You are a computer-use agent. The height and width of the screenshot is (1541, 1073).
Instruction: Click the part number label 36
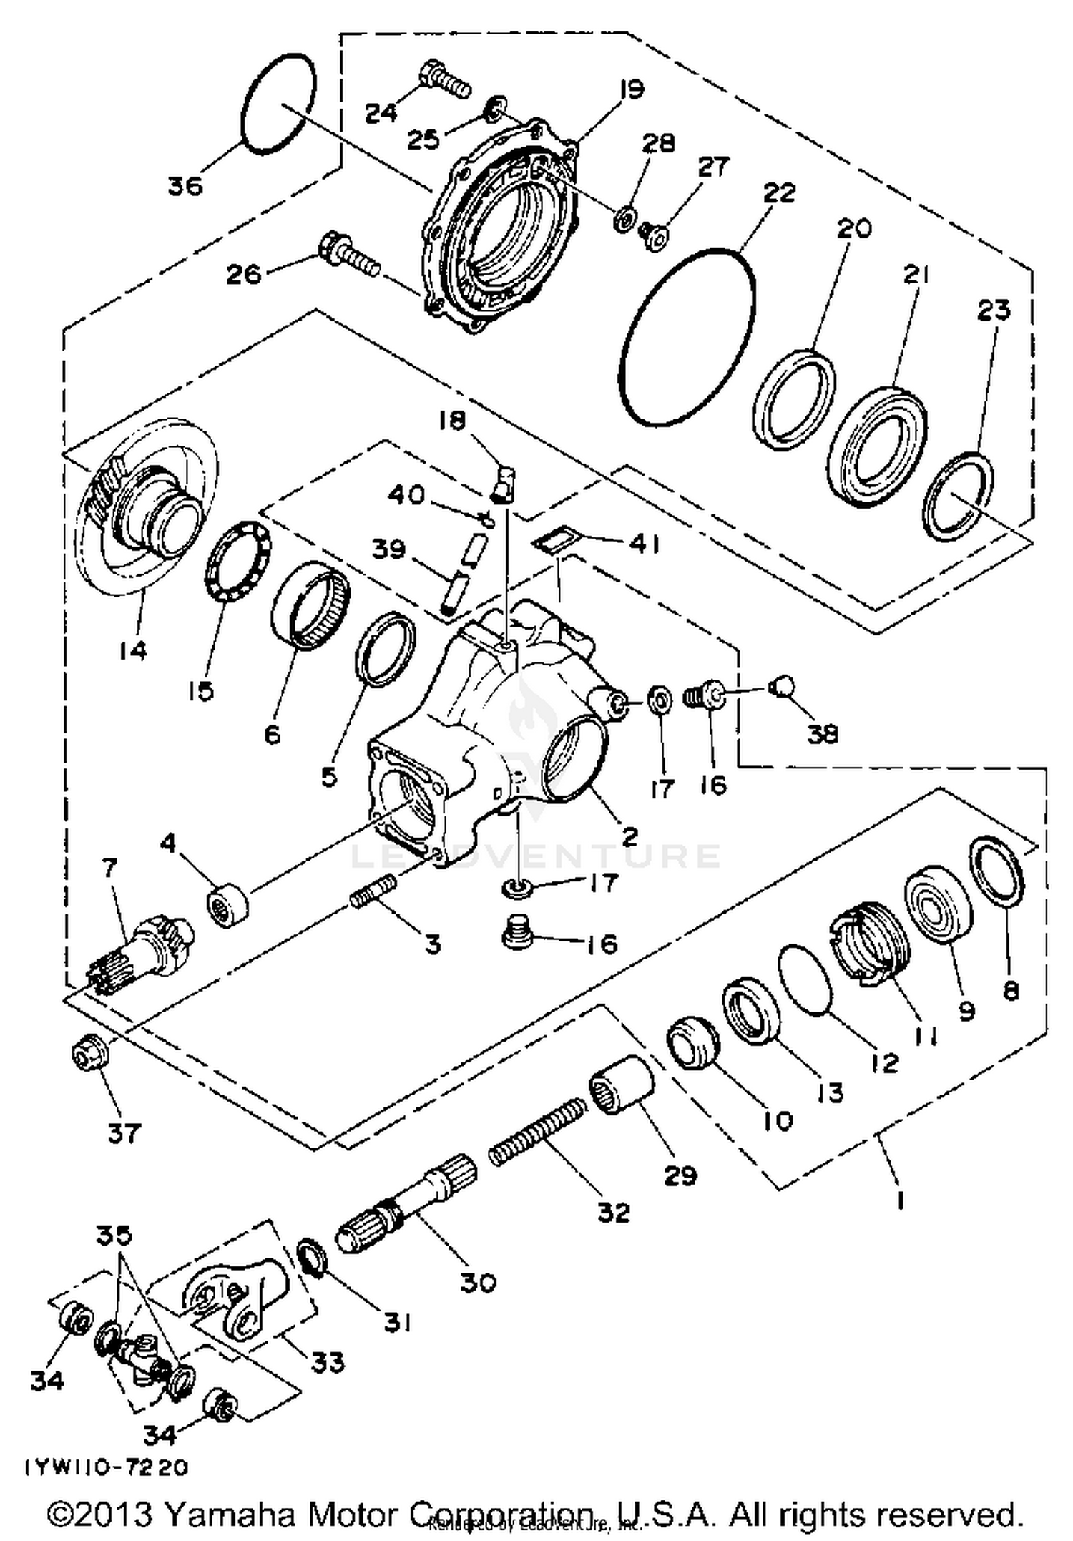[x=185, y=187]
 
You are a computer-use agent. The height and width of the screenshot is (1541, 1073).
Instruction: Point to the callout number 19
[x=631, y=89]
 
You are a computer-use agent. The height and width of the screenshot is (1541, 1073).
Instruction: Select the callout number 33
[x=328, y=1361]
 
